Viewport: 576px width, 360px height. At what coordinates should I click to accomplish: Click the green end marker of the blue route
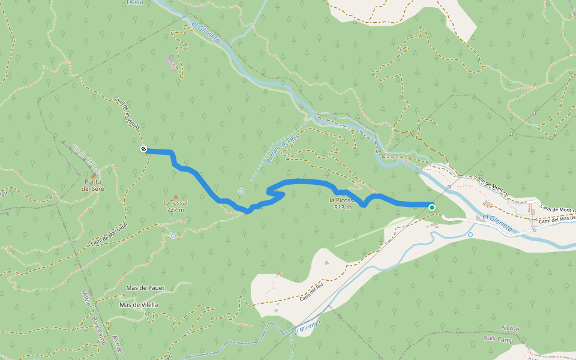pyautogui.click(x=432, y=208)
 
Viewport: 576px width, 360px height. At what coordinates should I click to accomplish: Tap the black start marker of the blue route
pyautogui.click(x=143, y=149)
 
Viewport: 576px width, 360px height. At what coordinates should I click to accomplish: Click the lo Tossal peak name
pyautogui.click(x=175, y=203)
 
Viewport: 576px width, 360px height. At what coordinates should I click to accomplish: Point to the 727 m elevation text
pyautogui.click(x=175, y=210)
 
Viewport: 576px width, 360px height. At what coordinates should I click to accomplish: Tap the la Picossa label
pyautogui.click(x=342, y=200)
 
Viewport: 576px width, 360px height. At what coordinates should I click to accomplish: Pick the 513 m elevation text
pyautogui.click(x=343, y=208)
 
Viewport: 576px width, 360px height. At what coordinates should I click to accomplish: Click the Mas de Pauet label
pyautogui.click(x=145, y=288)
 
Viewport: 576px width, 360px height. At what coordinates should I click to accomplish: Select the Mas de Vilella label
pyautogui.click(x=139, y=305)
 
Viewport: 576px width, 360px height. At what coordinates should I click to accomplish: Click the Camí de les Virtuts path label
pyautogui.click(x=128, y=114)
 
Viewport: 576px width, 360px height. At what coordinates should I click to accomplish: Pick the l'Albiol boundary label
pyautogui.click(x=86, y=299)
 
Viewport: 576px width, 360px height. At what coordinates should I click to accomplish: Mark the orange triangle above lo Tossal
pyautogui.click(x=175, y=196)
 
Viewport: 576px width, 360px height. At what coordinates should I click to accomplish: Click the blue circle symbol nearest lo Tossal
pyautogui.click(x=173, y=236)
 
